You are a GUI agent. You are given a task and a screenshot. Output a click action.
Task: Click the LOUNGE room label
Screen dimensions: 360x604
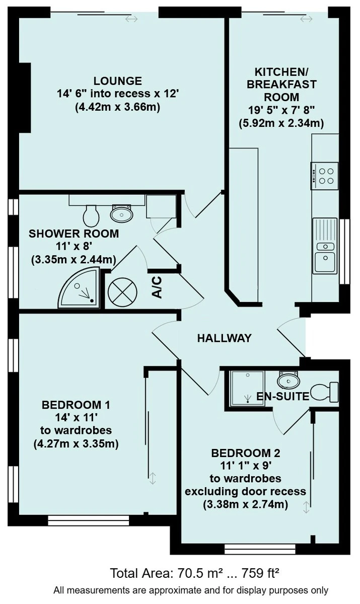(x=118, y=81)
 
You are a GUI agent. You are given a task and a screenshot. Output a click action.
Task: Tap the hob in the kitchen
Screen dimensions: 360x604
(x=324, y=176)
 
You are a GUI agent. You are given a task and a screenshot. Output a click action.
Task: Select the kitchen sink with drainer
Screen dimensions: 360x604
(x=325, y=246)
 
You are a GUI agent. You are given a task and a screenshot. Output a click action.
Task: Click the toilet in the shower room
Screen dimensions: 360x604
(x=91, y=215)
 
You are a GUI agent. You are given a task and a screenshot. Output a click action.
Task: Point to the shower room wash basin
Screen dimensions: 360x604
(x=122, y=213)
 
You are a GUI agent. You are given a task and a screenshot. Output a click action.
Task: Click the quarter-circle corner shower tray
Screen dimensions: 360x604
(x=79, y=288)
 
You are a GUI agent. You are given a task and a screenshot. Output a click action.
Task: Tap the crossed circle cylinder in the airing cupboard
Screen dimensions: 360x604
(x=122, y=292)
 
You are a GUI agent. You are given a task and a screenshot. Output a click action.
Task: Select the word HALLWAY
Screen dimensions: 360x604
(x=225, y=338)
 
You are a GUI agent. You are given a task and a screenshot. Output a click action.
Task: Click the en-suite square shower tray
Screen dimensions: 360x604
(x=247, y=388)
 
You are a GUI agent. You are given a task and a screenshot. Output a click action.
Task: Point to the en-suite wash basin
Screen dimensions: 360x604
(x=289, y=380)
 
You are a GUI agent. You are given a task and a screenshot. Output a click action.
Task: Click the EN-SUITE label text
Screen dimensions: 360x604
(x=282, y=396)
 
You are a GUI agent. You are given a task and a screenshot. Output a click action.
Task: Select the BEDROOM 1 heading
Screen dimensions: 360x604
(x=76, y=405)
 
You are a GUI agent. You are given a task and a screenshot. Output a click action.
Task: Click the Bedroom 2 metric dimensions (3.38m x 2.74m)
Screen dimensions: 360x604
(x=245, y=504)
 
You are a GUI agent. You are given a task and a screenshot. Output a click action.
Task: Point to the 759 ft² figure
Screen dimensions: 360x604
(x=260, y=573)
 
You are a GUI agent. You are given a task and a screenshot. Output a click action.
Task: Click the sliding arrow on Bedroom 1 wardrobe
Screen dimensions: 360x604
(x=153, y=478)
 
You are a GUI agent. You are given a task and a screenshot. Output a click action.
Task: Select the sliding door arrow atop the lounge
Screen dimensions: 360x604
(x=131, y=19)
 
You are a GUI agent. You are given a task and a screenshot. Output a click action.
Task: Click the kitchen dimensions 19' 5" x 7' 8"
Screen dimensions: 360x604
(x=281, y=110)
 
